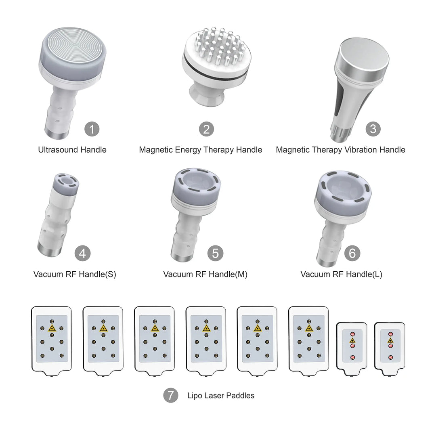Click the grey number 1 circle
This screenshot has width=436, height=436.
[92, 130]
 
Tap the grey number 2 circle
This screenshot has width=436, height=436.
[206, 130]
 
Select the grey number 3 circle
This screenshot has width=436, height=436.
[373, 129]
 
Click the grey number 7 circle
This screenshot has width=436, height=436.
[170, 395]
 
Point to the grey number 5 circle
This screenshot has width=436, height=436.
[215, 254]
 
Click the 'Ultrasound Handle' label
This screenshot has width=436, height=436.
[72, 150]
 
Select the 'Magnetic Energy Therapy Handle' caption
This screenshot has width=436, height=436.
[201, 150]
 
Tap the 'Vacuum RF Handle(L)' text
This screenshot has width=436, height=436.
[341, 275]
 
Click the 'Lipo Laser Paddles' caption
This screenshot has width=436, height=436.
[221, 396]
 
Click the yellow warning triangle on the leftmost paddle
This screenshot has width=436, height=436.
[52, 329]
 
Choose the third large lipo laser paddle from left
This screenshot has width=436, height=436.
[155, 338]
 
